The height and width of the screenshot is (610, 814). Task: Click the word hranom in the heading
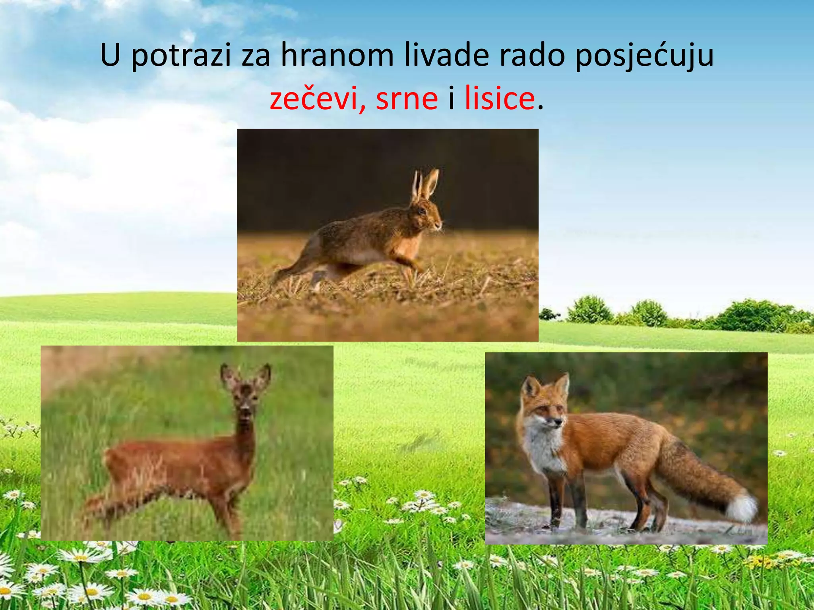[x=337, y=56]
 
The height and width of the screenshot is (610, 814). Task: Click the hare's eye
[x=422, y=210]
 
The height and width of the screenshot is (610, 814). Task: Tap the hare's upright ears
[x=425, y=185]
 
